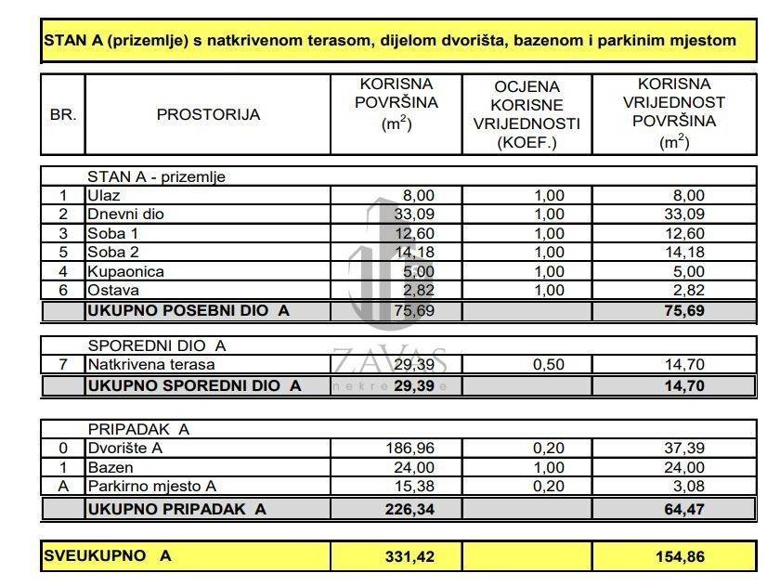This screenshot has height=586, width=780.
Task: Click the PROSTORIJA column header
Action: tap(208, 115)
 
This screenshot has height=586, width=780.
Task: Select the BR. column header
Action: tap(63, 115)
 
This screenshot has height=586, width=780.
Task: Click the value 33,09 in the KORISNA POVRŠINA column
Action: tap(416, 214)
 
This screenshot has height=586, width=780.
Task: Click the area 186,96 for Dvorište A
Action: tap(409, 449)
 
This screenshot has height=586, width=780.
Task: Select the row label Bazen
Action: tap(110, 467)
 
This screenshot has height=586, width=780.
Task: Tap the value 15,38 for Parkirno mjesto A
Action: tap(414, 486)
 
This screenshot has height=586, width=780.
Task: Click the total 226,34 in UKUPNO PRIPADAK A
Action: tap(409, 508)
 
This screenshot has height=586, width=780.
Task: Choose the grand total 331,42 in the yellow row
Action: tap(409, 556)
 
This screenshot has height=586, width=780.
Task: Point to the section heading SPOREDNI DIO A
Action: tap(156, 345)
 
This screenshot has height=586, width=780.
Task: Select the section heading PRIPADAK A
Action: tap(138, 430)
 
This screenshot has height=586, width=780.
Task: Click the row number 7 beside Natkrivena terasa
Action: tap(63, 365)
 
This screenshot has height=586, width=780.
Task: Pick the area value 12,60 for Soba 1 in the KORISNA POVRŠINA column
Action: tap(416, 233)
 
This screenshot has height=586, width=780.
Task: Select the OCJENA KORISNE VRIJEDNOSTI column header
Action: tap(526, 115)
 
